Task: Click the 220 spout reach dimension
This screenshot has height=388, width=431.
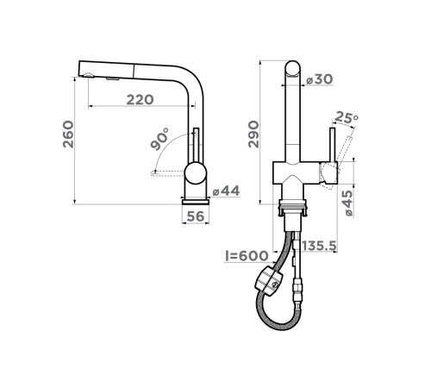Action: point(140,100)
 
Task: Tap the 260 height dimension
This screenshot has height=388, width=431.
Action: point(68,135)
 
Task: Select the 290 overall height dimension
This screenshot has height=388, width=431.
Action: point(253,135)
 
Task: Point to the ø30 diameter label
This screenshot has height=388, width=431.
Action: point(320,79)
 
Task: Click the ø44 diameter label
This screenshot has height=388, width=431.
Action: point(226,191)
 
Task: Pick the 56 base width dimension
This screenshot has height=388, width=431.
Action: point(196,216)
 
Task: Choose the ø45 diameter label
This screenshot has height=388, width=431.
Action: point(347,203)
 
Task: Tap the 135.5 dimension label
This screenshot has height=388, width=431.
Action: point(319,246)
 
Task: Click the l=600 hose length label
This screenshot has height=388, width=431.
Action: point(247,256)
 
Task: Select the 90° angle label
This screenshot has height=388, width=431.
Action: point(159,140)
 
